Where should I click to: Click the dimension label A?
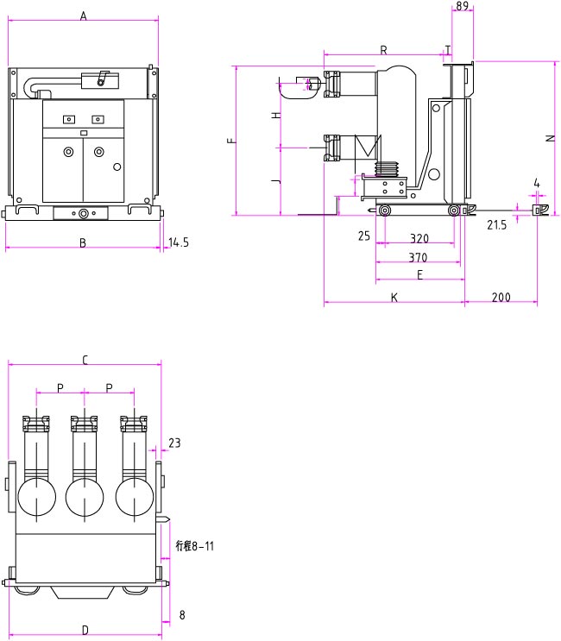pyautogui.click(x=84, y=15)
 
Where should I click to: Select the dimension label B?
pyautogui.click(x=83, y=243)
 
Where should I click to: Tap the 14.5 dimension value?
pyautogui.click(x=179, y=242)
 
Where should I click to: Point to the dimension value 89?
pyautogui.click(x=462, y=6)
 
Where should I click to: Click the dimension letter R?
pyautogui.click(x=383, y=50)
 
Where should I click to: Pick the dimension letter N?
pyautogui.click(x=549, y=138)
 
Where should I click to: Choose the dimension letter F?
pyautogui.click(x=230, y=140)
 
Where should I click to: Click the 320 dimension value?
pyautogui.click(x=419, y=237)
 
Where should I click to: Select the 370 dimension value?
pyautogui.click(x=419, y=257)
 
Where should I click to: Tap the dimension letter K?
pyautogui.click(x=394, y=298)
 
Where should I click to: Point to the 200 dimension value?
pyautogui.click(x=501, y=298)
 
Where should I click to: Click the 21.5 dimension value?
pyautogui.click(x=496, y=225)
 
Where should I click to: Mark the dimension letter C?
pyautogui.click(x=85, y=360)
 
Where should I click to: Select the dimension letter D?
pyautogui.click(x=85, y=630)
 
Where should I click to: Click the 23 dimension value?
pyautogui.click(x=174, y=443)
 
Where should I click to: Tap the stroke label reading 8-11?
pyautogui.click(x=194, y=546)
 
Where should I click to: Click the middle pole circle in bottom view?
pyautogui.click(x=85, y=498)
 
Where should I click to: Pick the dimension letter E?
pyautogui.click(x=419, y=275)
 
